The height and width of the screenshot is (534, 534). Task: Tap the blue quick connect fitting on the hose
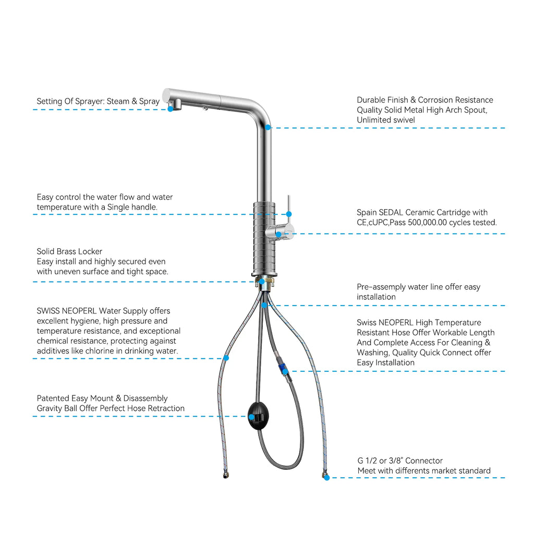[282, 368]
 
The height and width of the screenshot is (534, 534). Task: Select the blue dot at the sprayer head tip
[171, 109]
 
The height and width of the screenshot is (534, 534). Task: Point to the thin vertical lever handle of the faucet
[289, 209]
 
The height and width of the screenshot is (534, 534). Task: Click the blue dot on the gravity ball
[251, 417]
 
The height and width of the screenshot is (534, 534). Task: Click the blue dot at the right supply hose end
[327, 478]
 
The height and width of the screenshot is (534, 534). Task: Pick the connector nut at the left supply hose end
[226, 474]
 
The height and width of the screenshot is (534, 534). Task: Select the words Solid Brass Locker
[69, 251]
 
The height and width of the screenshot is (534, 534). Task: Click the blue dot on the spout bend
[268, 127]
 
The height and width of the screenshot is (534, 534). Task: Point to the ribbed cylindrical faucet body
[264, 238]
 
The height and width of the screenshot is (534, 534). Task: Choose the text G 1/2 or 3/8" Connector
[400, 461]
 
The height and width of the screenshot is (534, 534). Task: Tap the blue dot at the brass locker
[262, 282]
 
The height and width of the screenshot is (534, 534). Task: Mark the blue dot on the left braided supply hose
[226, 358]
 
